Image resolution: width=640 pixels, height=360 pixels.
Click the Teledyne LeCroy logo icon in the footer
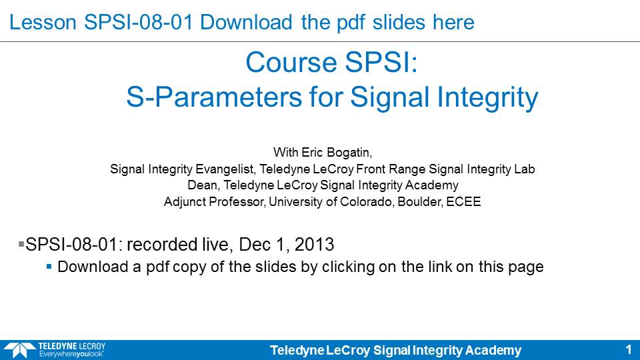19,351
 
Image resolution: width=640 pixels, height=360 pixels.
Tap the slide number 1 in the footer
629,350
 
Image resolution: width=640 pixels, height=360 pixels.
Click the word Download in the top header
246,22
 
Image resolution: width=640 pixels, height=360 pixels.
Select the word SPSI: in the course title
381,63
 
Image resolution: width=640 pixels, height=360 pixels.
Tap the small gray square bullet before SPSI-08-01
21,244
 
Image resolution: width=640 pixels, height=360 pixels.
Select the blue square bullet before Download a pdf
49,267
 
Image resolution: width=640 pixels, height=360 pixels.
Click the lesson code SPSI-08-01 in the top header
139,22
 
